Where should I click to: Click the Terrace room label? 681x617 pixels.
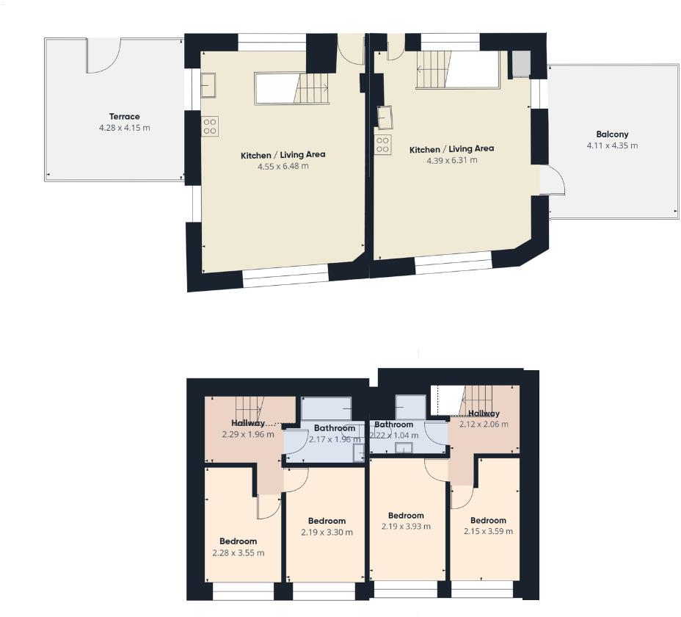(124, 117)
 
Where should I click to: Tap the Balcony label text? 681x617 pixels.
(612, 135)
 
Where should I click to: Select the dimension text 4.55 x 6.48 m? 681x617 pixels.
(283, 166)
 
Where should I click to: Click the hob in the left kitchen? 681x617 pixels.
(209, 126)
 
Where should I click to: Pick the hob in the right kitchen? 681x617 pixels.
(382, 145)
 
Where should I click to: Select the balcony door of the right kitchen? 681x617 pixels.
(553, 180)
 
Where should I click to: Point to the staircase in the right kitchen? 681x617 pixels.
(458, 71)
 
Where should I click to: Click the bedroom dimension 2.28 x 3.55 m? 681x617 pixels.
(238, 553)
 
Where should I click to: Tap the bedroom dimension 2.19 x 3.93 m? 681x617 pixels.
(406, 526)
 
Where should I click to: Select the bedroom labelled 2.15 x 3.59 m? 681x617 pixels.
(488, 531)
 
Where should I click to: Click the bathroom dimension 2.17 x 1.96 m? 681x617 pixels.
(335, 439)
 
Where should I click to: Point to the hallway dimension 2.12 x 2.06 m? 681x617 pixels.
(484, 425)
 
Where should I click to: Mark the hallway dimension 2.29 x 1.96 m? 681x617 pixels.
(248, 434)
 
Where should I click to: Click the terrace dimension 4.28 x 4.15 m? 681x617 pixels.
(124, 128)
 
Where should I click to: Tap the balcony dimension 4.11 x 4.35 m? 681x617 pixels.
(612, 145)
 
